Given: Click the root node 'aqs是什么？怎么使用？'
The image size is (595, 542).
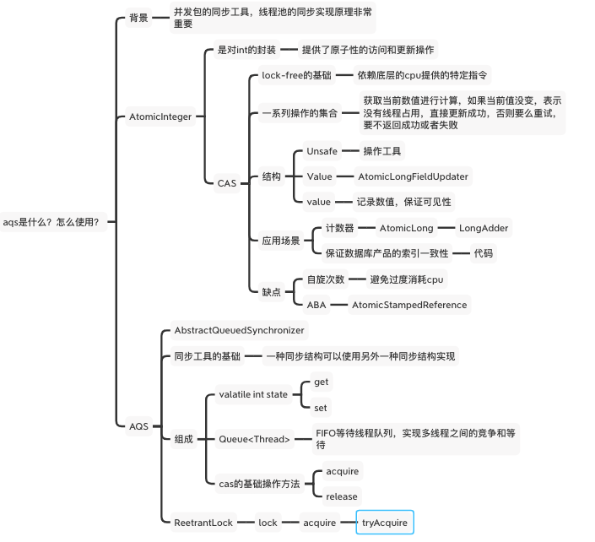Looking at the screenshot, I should coord(51,222).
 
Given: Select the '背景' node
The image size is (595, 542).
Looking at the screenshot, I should coord(138,18).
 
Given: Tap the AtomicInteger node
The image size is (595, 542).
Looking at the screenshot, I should coord(160,117).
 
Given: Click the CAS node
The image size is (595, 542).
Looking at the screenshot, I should coord(227,182).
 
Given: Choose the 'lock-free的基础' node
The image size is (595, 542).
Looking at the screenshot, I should coord(295,75).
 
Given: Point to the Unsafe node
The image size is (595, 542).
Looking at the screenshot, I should coord(322,151).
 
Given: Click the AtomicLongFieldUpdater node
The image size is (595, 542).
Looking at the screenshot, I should coord(413,176).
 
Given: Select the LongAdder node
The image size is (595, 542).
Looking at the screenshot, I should coord(483,228).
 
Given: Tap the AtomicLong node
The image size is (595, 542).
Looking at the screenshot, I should coord(406,228).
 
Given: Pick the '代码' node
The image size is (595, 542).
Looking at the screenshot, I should coord(483,252).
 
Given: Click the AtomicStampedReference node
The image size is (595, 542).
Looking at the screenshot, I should coord(408,305).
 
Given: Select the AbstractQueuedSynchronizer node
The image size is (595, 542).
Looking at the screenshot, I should coord(239,330).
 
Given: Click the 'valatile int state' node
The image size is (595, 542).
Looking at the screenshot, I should coord(253,394).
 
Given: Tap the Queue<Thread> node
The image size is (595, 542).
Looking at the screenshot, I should coord(254,439).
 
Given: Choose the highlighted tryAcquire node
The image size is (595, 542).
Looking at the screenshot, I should coord(385,523).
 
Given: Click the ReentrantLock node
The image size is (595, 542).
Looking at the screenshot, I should coord(203,523).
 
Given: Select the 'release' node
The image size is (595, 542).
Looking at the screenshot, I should coord(341,496).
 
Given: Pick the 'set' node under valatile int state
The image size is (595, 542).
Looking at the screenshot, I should coord(321,407).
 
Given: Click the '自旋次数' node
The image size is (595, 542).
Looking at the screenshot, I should coord(325,279).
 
